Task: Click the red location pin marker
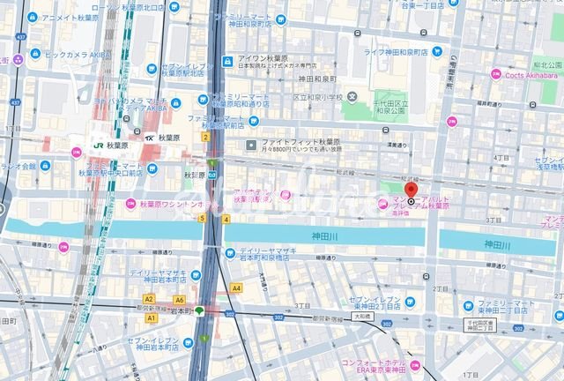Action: click(x=411, y=190)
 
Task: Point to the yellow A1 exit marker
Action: click(x=152, y=317)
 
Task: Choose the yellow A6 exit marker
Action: click(x=179, y=300)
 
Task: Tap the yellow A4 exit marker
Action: click(x=236, y=288)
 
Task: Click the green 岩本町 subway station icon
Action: click(x=200, y=310)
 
